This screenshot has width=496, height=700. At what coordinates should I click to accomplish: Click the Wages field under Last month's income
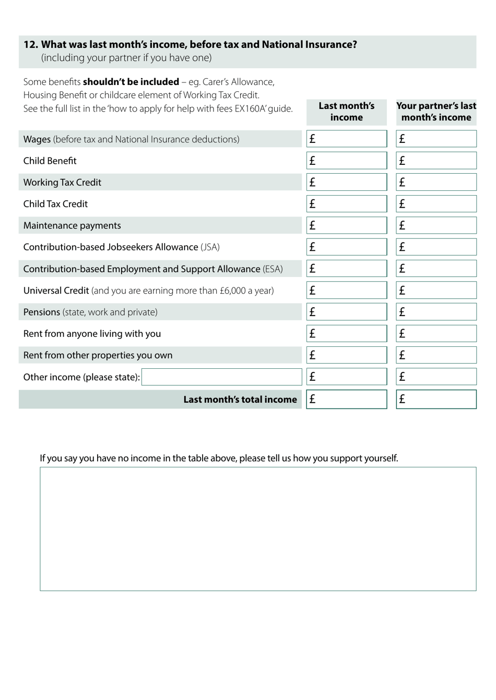347,139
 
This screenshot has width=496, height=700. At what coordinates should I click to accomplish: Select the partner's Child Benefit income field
436,161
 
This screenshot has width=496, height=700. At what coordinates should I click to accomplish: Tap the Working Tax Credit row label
62,183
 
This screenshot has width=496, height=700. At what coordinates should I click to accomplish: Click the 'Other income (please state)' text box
221,377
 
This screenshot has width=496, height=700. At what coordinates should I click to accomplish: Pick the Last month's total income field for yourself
347,400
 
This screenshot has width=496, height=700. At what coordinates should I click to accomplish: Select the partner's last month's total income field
436,400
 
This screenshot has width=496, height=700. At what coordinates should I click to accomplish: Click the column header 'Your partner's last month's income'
436,112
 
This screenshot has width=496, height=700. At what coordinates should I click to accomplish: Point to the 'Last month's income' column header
347,112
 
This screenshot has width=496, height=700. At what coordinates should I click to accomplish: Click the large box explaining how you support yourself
258,528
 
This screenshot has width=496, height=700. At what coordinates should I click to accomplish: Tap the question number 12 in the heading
30,45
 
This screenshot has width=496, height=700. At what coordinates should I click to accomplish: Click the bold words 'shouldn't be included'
131,82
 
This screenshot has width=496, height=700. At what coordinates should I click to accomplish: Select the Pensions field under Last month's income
347,312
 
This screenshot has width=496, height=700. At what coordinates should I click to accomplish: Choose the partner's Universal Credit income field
436,291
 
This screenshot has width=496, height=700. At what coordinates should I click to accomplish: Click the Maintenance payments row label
72,226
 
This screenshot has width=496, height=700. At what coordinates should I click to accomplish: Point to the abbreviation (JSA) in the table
210,247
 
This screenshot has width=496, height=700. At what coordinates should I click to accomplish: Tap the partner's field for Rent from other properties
436,355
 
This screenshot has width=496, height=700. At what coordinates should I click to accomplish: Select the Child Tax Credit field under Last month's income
347,204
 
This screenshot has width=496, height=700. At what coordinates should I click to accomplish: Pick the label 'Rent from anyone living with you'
92,334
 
